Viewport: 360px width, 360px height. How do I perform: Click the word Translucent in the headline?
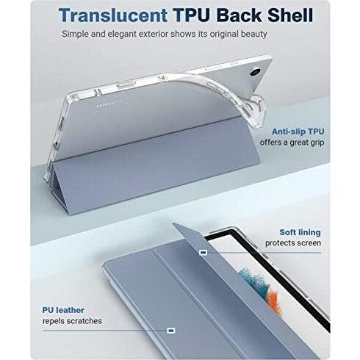pos(113,15)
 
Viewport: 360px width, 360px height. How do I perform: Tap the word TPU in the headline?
pos(192,15)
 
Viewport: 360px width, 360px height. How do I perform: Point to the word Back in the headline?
pos(239,15)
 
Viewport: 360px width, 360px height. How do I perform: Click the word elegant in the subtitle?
pos(122,34)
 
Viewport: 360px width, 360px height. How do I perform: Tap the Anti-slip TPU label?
pos(298,132)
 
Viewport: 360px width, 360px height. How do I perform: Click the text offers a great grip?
pos(292,143)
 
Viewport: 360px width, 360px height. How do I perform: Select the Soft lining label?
pos(300,232)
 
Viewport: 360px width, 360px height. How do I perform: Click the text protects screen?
pos(293,243)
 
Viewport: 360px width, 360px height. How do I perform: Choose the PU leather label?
pos(63,310)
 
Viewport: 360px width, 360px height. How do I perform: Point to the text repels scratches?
pos(72,321)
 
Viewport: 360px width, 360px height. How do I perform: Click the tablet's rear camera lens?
pos(256,73)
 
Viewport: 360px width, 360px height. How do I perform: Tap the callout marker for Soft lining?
pos(204,253)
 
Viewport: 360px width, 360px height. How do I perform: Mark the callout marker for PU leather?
pos(171,331)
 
